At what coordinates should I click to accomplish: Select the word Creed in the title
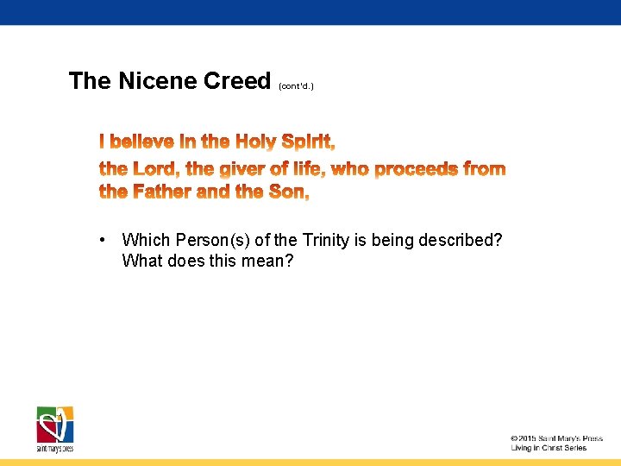click(x=237, y=81)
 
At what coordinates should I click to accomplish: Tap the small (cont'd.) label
click(x=296, y=86)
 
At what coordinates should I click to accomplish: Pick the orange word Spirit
click(x=308, y=142)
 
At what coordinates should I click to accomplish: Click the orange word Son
click(x=288, y=192)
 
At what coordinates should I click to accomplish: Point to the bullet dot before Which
click(x=103, y=240)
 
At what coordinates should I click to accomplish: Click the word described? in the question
click(x=461, y=240)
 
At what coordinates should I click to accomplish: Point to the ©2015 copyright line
click(x=555, y=438)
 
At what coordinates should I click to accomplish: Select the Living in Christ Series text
click(x=549, y=448)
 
